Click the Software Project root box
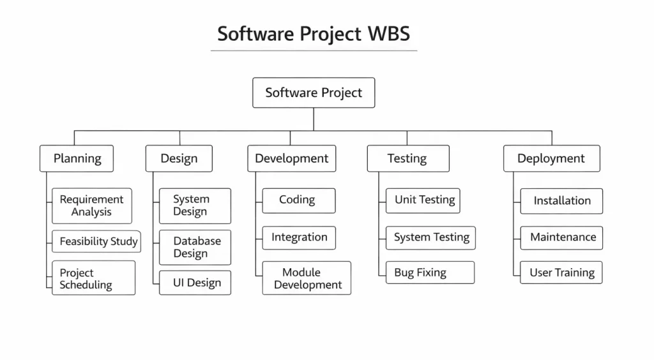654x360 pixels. point(314,93)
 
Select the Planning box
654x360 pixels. point(77,159)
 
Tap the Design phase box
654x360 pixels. point(179,159)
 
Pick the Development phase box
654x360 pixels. point(291,159)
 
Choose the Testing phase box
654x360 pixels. point(407,159)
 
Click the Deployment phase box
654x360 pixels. point(551,159)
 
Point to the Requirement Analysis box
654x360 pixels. point(92,206)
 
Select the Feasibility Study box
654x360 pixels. point(97,241)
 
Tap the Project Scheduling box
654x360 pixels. point(93,278)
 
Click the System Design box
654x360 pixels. point(195,206)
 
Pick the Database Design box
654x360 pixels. point(195,248)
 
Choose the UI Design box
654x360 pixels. point(195,283)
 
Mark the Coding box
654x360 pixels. point(298,200)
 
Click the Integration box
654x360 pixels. point(298,237)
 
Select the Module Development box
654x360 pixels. point(307,278)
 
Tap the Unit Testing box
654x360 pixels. point(423,200)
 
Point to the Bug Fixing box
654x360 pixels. point(430,273)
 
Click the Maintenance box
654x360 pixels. point(561,237)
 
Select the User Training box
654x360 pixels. point(561,273)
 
